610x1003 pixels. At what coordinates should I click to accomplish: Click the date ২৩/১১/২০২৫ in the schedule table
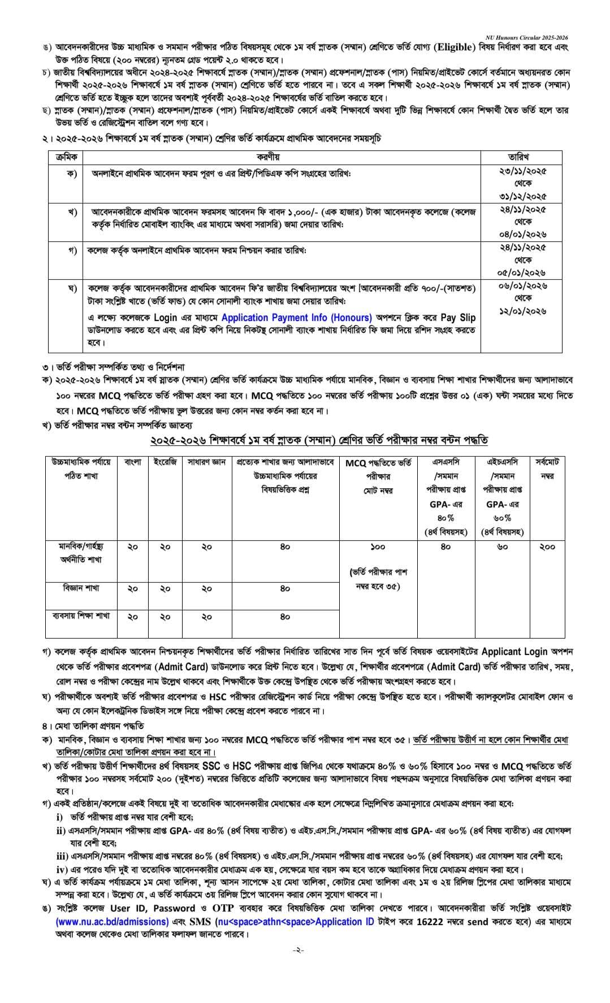pos(522,170)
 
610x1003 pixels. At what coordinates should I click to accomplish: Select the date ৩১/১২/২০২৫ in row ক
pos(522,196)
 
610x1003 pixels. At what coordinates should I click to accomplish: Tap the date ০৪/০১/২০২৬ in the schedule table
pos(522,234)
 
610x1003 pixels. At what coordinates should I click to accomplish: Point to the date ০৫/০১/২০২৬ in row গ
pos(522,272)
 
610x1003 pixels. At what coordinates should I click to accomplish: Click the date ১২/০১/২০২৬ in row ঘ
pos(522,311)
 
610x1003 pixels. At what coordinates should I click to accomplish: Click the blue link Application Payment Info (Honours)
pos(296,318)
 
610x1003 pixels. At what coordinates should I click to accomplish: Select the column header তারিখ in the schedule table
pos(522,157)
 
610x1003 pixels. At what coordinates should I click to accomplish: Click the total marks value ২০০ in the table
pos(547,547)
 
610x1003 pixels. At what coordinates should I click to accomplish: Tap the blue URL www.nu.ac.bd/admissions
pos(112,922)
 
